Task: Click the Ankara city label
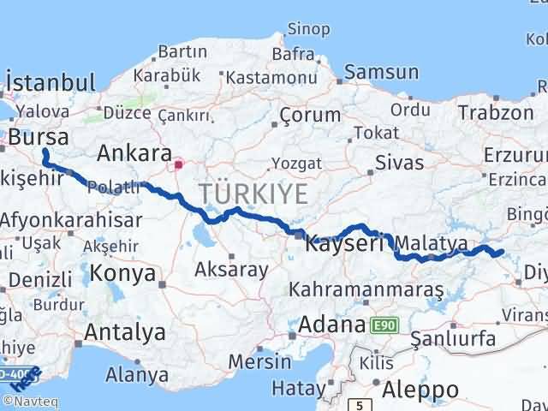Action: tap(134, 154)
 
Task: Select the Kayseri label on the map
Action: tap(345, 242)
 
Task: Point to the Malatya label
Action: tap(432, 244)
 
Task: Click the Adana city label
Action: tap(332, 325)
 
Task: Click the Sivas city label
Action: tap(400, 162)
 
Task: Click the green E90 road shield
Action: tap(384, 325)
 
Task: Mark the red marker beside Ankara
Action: tap(178, 164)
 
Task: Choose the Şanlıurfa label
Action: tap(453, 339)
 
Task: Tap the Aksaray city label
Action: tap(231, 269)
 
